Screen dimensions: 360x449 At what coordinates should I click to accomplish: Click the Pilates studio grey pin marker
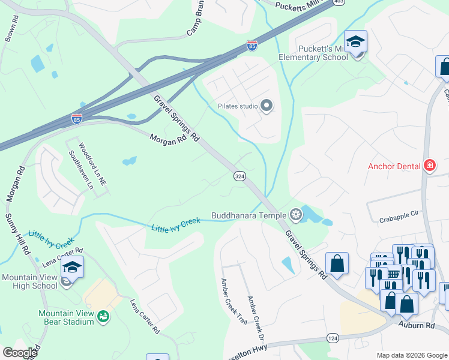tap(267, 106)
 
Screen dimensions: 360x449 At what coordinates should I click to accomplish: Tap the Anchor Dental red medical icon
tap(429, 165)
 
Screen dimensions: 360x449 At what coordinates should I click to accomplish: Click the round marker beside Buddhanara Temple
tap(295, 214)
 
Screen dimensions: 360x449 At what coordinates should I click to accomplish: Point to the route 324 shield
tap(240, 176)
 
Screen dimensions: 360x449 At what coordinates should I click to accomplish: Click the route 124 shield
tap(332, 338)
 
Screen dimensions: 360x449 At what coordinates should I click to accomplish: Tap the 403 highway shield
tap(339, 2)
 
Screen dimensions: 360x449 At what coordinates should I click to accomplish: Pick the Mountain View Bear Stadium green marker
tap(102, 315)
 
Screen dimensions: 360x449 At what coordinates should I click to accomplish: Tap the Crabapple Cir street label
tap(397, 220)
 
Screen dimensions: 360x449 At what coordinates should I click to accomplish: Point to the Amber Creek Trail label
tap(234, 301)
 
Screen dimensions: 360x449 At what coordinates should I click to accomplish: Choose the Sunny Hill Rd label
tap(16, 233)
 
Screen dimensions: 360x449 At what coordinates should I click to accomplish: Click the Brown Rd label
tap(11, 33)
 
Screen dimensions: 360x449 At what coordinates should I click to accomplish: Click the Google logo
tap(20, 353)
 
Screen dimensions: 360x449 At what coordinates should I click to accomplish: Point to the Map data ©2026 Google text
tap(411, 355)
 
